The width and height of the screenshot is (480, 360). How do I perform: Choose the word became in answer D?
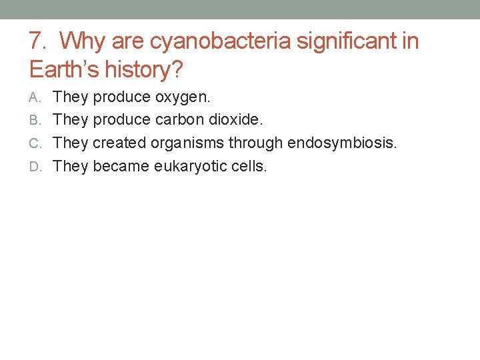click(121, 166)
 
